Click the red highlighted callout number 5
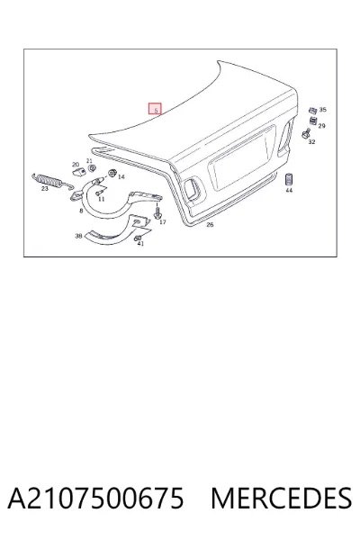pyautogui.click(x=155, y=109)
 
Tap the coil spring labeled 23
pyautogui.click(x=52, y=181)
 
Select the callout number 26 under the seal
pyautogui.click(x=210, y=224)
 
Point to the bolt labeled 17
pyautogui.click(x=157, y=211)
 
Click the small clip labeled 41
pyautogui.click(x=138, y=238)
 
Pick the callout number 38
pyautogui.click(x=78, y=236)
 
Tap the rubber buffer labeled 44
pyautogui.click(x=289, y=179)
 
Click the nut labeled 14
pyautogui.click(x=112, y=173)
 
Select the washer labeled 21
pyautogui.click(x=92, y=168)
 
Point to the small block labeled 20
pyautogui.click(x=78, y=172)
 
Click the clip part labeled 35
pyautogui.click(x=312, y=111)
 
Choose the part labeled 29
pyautogui.click(x=313, y=121)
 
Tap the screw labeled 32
pyautogui.click(x=306, y=133)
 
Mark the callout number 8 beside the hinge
pyautogui.click(x=81, y=211)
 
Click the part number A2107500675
pyautogui.click(x=95, y=498)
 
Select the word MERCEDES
pyautogui.click(x=281, y=498)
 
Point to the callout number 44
pyautogui.click(x=289, y=190)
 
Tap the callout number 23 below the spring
pyautogui.click(x=45, y=189)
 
